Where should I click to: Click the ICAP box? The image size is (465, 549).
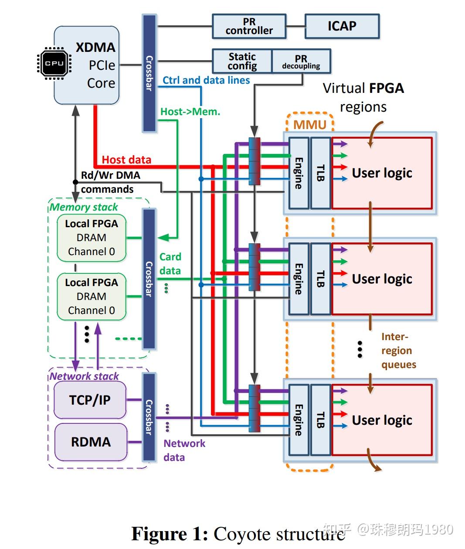pyautogui.click(x=342, y=26)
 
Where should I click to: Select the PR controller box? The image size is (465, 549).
pyautogui.click(x=249, y=27)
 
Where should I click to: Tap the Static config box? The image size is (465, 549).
pyautogui.click(x=242, y=61)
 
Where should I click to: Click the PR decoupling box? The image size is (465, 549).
pyautogui.click(x=301, y=61)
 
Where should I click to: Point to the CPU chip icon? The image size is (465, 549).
pyautogui.click(x=54, y=63)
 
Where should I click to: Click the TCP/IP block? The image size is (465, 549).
pyautogui.click(x=90, y=400)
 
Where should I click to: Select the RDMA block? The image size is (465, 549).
pyautogui.click(x=91, y=442)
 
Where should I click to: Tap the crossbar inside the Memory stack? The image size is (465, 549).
pyautogui.click(x=149, y=279)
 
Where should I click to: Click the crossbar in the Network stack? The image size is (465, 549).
pyautogui.click(x=149, y=417)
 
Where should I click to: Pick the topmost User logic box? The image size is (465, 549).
pyautogui.click(x=382, y=173)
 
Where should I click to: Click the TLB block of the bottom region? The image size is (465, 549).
pyautogui.click(x=320, y=419)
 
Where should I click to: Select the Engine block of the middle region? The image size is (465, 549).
pyautogui.click(x=299, y=279)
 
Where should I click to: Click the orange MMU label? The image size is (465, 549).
pyautogui.click(x=309, y=125)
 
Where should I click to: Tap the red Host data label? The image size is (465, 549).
pyautogui.click(x=126, y=160)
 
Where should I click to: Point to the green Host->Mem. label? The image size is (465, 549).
pyautogui.click(x=190, y=112)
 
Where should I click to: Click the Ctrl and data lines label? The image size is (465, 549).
pyautogui.click(x=206, y=80)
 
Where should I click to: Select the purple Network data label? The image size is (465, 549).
pyautogui.click(x=184, y=450)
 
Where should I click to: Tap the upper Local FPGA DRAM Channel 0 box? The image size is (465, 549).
pyautogui.click(x=92, y=238)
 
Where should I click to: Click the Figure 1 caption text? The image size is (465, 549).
pyautogui.click(x=238, y=534)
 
